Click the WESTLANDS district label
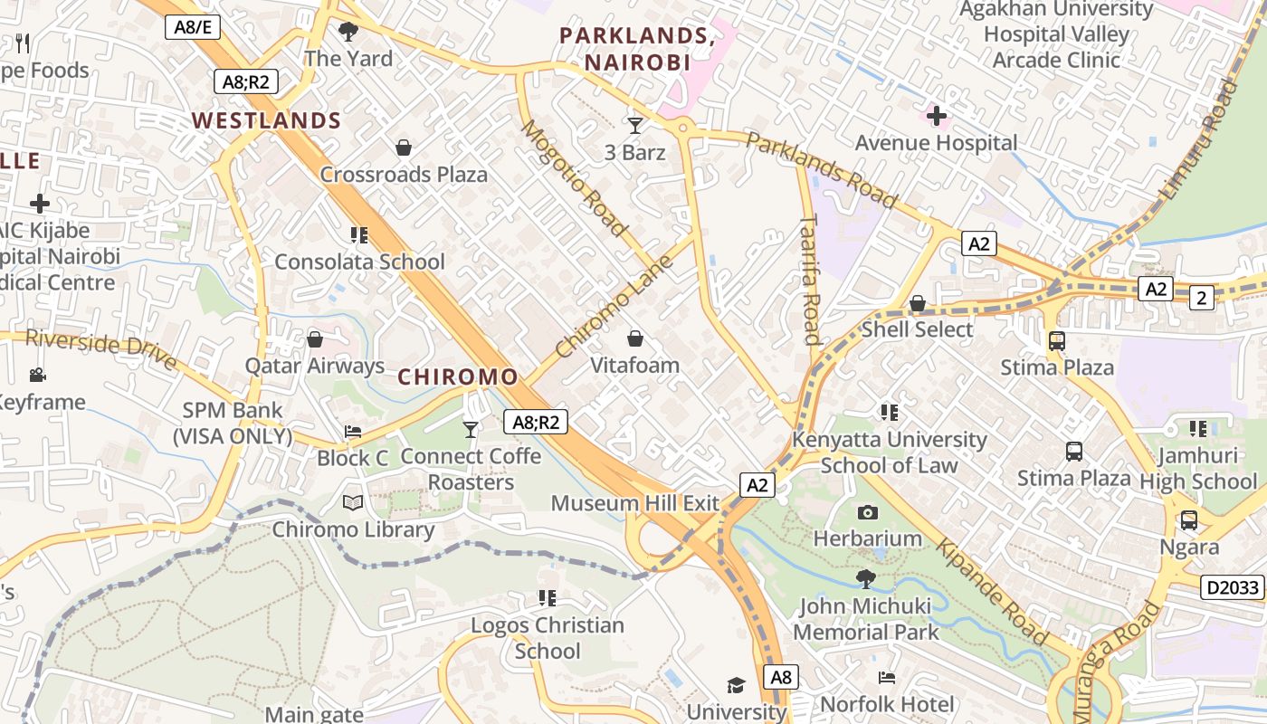tap(266, 120)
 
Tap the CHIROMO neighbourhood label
tap(458, 376)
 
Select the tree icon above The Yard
tap(348, 33)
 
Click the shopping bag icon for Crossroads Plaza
tap(404, 148)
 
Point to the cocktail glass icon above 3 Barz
tap(634, 126)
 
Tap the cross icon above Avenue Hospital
tap(937, 116)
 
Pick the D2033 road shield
tap(1233, 587)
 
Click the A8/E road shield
tap(193, 27)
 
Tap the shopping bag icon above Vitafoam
tap(635, 339)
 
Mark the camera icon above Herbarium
tap(867, 513)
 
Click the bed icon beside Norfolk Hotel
tap(887, 678)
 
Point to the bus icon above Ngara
tap(1188, 520)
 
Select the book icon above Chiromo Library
tap(353, 502)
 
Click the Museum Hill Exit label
tap(634, 503)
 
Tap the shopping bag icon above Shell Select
tap(918, 303)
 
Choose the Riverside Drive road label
tap(100, 348)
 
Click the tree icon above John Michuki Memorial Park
tap(866, 578)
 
